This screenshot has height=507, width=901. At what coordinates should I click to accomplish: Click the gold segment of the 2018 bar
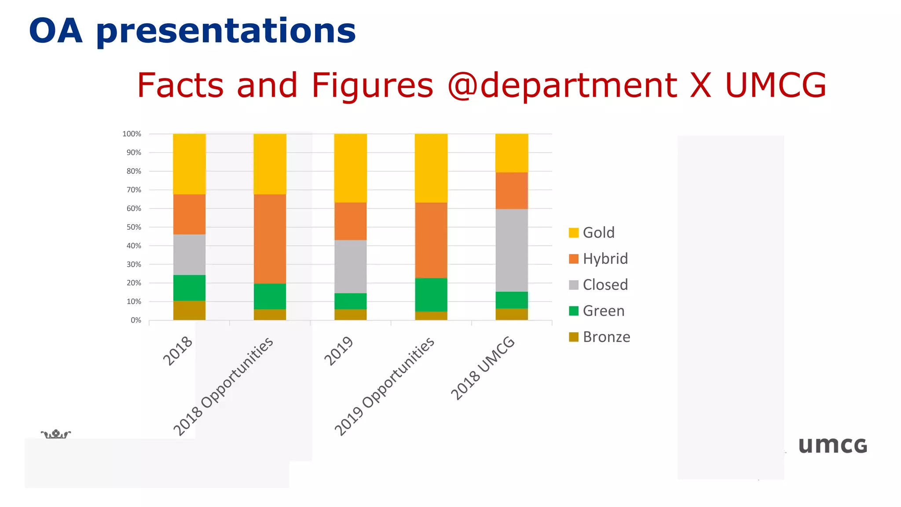coord(189,164)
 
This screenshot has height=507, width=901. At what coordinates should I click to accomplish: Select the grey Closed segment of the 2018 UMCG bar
coord(512,250)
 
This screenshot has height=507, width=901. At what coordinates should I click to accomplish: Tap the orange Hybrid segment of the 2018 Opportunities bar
coord(270,239)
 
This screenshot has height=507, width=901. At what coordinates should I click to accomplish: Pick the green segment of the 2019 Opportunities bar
coord(431,294)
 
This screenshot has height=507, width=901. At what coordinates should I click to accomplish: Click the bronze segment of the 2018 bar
coord(189,310)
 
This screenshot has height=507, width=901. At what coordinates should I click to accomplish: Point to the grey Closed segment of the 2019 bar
coord(351,266)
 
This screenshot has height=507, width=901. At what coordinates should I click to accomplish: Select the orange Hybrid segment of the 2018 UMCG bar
coord(512,190)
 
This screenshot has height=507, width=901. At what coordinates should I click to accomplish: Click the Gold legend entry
coord(598,232)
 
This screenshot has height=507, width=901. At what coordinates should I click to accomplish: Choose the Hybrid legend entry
coord(605,258)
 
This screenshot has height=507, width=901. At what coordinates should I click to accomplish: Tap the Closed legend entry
coord(605,285)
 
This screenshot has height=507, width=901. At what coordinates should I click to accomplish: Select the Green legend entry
coord(603,311)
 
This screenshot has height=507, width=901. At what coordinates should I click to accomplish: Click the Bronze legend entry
coord(606,337)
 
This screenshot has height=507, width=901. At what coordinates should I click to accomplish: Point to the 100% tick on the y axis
coord(132,134)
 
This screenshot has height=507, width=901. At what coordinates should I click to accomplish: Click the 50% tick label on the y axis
coord(134,227)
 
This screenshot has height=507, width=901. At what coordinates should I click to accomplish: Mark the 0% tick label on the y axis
coord(136,320)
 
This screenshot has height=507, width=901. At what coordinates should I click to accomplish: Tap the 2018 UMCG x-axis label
coord(483,368)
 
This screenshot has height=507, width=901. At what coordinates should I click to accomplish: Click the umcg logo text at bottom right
coord(832,445)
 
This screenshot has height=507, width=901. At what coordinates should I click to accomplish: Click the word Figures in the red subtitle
coord(372,85)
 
